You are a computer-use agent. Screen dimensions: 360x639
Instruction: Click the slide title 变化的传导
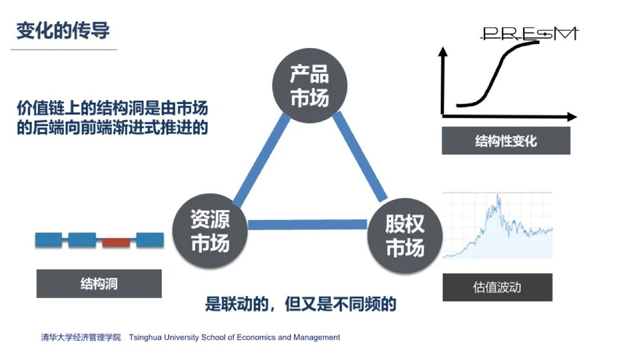click(63, 30)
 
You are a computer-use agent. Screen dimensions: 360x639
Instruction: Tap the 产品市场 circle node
click(309, 86)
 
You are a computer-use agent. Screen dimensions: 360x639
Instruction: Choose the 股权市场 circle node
click(405, 235)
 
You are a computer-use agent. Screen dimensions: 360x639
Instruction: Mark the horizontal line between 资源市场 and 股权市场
click(308, 224)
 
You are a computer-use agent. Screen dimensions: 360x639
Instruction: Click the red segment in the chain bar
click(116, 241)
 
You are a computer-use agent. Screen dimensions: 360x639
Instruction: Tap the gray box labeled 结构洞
click(99, 284)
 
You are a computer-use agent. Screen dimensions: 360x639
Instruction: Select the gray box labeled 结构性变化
click(506, 141)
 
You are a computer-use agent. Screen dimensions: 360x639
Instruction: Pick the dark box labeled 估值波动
click(497, 287)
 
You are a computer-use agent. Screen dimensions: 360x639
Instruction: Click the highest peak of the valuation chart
click(498, 197)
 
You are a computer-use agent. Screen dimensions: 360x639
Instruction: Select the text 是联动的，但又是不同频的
click(300, 304)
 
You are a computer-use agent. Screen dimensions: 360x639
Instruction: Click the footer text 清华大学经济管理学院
click(80, 337)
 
